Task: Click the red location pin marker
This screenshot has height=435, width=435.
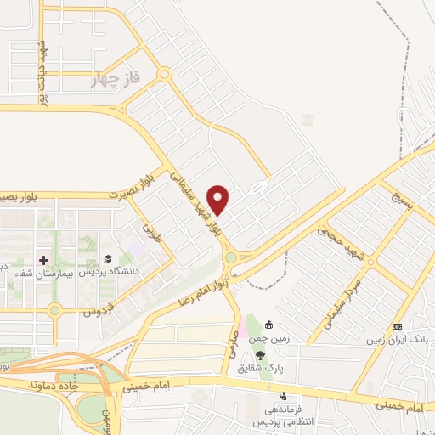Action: (x=219, y=200)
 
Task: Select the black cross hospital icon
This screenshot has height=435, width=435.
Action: (x=43, y=258)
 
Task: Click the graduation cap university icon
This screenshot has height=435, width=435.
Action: (x=108, y=258)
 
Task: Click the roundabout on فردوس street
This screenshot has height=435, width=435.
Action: (x=55, y=310)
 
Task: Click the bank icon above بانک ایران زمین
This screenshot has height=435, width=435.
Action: (x=396, y=326)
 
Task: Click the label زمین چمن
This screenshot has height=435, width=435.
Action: (x=268, y=338)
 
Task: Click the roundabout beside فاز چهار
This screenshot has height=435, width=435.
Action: (x=164, y=75)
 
